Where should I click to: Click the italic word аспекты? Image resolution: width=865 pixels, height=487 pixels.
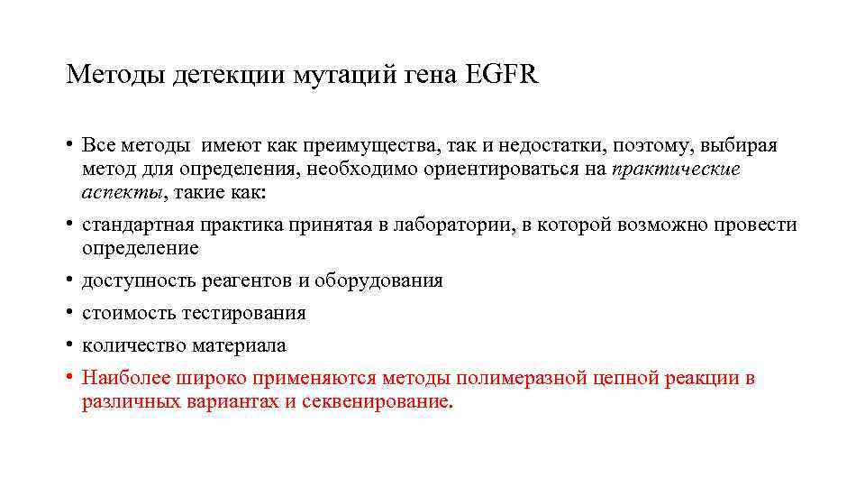[122, 193]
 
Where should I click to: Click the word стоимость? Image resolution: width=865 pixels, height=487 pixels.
[128, 313]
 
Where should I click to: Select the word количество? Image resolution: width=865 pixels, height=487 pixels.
[132, 345]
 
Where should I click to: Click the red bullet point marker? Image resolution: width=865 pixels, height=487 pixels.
[68, 378]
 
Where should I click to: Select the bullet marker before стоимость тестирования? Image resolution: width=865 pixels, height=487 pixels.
[68, 313]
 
